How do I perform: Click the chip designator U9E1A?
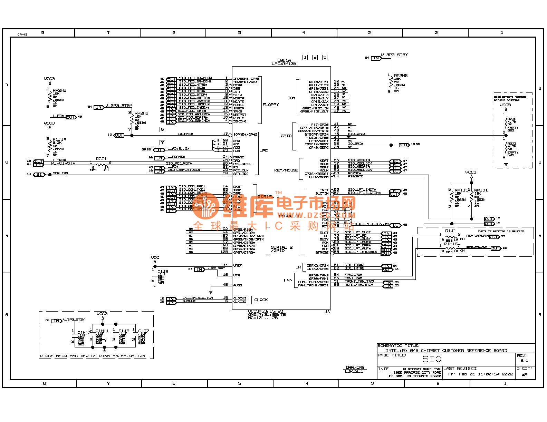pyautogui.click(x=284, y=60)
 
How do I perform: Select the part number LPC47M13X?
pyautogui.click(x=284, y=64)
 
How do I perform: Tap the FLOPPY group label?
pyautogui.click(x=271, y=105)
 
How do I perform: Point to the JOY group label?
pyautogui.click(x=291, y=98)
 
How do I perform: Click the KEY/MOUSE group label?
pyautogui.click(x=286, y=170)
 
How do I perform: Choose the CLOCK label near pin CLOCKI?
pyautogui.click(x=261, y=300)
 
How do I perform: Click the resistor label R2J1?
pyautogui.click(x=101, y=159)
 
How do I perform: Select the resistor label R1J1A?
pyautogui.click(x=59, y=139)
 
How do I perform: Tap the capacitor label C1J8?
pyautogui.click(x=163, y=272)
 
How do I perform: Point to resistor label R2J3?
pyautogui.click(x=512, y=144)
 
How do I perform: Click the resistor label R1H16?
pyautogui.click(x=451, y=244)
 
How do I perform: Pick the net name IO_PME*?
pyautogui.click(x=185, y=134)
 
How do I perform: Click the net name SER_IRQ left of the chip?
pyautogui.click(x=60, y=173)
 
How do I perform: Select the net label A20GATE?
pyautogui.click(x=355, y=176)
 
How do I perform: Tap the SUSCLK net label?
pyautogui.click(x=189, y=301)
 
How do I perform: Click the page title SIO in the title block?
pyautogui.click(x=432, y=359)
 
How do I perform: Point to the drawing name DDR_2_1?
pyautogui.click(x=354, y=371)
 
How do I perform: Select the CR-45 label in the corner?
pyautogui.click(x=22, y=35)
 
